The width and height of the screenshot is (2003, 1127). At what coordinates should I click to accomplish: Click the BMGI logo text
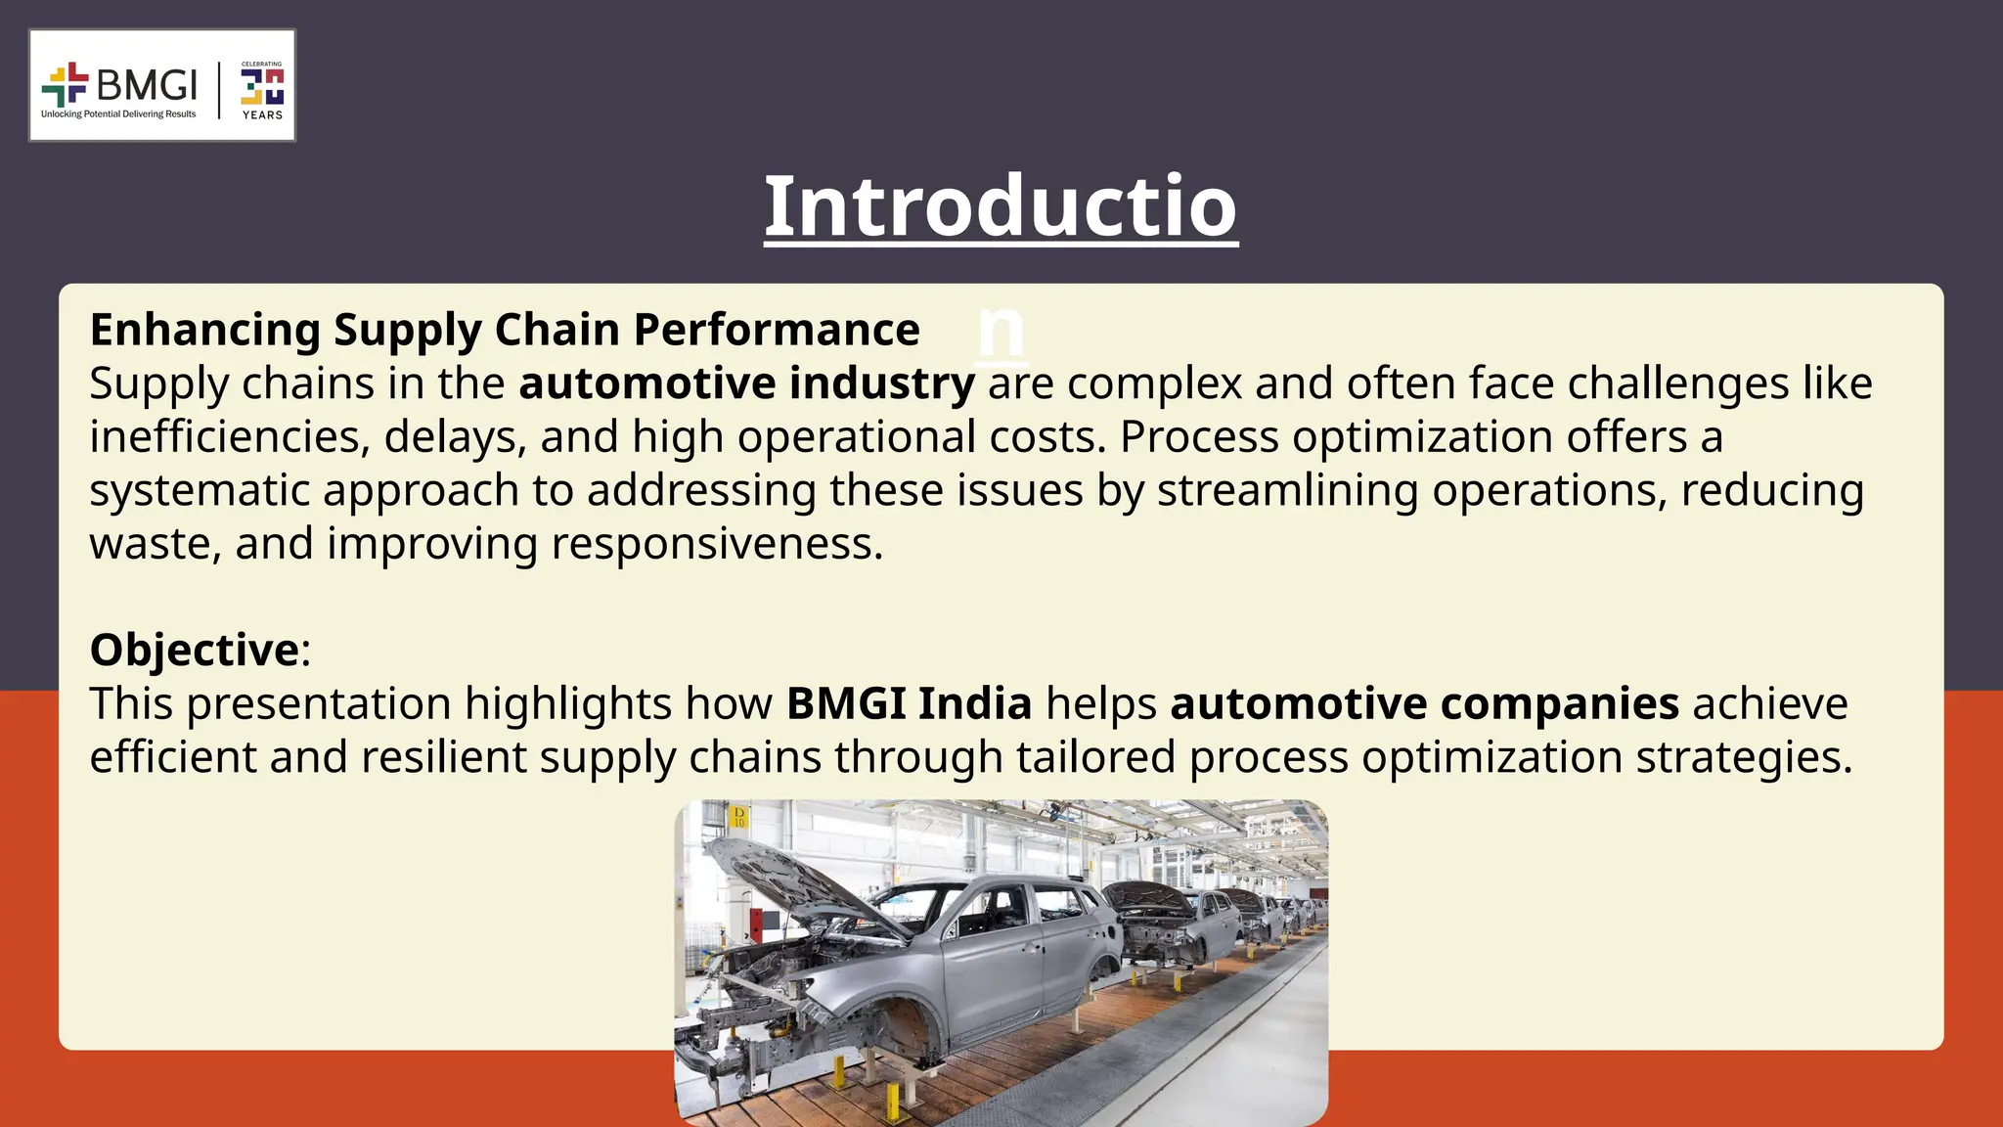pos(147,85)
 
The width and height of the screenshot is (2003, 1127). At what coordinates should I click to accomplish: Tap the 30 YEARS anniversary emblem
pos(262,90)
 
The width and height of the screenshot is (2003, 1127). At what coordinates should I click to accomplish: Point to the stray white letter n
pos(1001,331)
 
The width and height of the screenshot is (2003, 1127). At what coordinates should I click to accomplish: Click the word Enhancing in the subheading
pos(204,331)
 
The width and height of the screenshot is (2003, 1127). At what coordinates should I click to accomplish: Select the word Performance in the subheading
pos(777,331)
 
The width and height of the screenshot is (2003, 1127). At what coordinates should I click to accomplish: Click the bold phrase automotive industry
pos(746,383)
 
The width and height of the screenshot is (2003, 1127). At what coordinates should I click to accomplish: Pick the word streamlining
pos(1287,490)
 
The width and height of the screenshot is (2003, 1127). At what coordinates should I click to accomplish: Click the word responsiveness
pos(717,544)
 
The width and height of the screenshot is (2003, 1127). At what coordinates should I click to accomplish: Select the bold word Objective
pos(194,650)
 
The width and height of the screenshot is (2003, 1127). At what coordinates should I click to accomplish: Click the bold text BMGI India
pos(909,703)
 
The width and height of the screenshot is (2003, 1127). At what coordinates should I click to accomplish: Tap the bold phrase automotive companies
pos(1424,703)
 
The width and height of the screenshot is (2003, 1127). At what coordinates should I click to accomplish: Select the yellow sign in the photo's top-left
pos(739,817)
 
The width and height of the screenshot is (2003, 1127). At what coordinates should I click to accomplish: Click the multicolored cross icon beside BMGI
pos(65,84)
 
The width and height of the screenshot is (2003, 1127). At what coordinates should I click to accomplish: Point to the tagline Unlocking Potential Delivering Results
pos(118,114)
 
